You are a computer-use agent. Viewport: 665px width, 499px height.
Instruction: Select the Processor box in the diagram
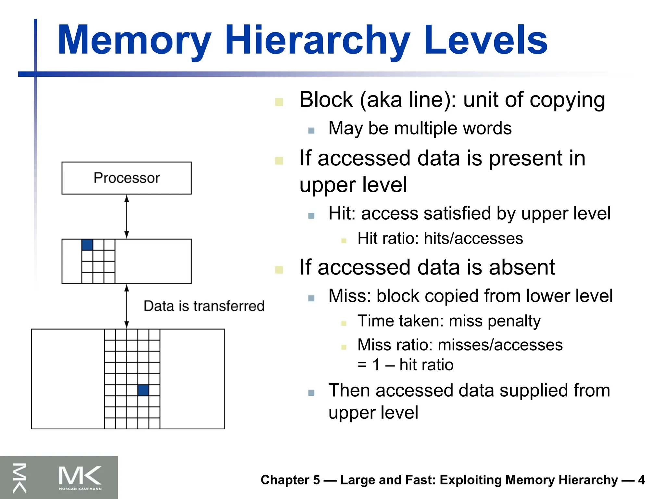pyautogui.click(x=127, y=178)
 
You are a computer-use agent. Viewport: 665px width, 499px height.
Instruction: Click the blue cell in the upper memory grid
pyautogui.click(x=87, y=245)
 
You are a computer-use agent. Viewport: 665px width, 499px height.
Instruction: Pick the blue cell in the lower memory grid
pyautogui.click(x=143, y=390)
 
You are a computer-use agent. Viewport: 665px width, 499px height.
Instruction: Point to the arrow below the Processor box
pyautogui.click(x=127, y=216)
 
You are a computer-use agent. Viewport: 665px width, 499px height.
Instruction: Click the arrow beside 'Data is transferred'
pyautogui.click(x=127, y=306)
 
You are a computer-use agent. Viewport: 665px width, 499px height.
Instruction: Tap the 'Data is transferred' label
pyautogui.click(x=204, y=306)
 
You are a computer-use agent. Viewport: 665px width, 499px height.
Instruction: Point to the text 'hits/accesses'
pyautogui.click(x=473, y=238)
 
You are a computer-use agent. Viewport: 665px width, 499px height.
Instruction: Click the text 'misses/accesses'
pyautogui.click(x=500, y=345)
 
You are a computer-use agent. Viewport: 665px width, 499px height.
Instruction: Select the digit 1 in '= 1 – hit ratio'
pyautogui.click(x=376, y=365)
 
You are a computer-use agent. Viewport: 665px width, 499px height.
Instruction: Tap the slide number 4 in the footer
pyautogui.click(x=641, y=480)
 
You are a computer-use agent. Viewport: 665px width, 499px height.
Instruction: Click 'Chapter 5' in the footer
pyautogui.click(x=290, y=480)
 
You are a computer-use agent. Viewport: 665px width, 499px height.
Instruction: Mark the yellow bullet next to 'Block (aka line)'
pyautogui.click(x=279, y=102)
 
